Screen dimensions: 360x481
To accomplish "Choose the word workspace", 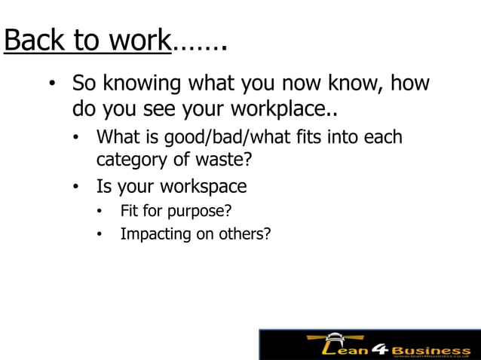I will [x=205, y=185].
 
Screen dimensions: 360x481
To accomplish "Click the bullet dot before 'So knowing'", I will [x=52, y=84].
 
